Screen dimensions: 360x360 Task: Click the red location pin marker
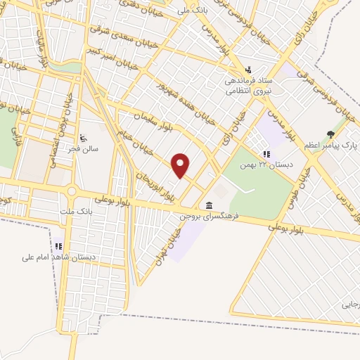[x=181, y=165]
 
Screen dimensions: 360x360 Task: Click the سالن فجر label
[x=91, y=149]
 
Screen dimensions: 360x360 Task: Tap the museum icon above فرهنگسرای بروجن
[x=209, y=205]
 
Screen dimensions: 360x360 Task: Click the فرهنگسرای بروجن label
[x=210, y=217]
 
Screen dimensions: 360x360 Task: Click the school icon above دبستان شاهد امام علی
[x=59, y=246]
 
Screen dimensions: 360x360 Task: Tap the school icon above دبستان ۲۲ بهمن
[x=266, y=153]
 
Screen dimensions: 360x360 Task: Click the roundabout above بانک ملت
[x=71, y=191]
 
